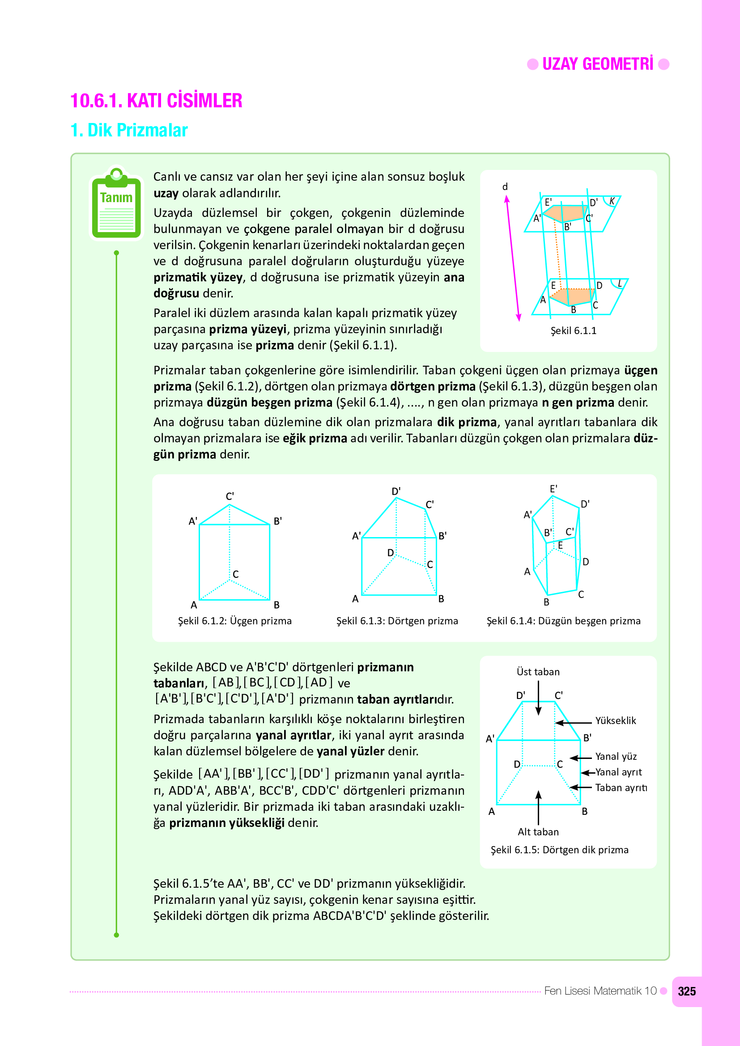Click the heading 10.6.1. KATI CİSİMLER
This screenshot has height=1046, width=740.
(156, 101)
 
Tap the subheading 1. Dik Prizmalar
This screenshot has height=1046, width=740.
(129, 130)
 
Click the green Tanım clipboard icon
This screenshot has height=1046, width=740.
(116, 204)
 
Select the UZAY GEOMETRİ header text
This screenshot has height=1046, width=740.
(597, 64)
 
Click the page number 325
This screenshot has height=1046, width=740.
(686, 991)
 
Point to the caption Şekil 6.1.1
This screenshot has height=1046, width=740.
(573, 331)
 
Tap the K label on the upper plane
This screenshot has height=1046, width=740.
(612, 201)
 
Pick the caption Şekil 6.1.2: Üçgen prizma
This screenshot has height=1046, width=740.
(235, 621)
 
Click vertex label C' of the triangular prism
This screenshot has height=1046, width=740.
(230, 496)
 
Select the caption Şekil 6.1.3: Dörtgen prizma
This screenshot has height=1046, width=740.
(397, 621)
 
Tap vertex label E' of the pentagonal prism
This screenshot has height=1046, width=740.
(553, 489)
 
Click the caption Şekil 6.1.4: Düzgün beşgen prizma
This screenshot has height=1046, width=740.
(563, 621)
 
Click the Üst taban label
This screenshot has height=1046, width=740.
(538, 672)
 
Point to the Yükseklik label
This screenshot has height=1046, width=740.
(615, 720)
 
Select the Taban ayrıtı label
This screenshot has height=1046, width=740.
(621, 788)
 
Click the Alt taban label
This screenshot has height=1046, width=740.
(538, 832)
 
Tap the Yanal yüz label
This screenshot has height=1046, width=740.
(616, 756)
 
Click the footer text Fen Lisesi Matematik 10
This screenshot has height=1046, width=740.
(600, 991)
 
